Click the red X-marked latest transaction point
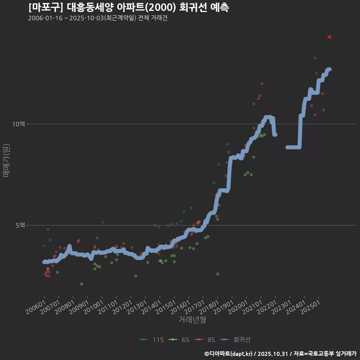[330, 37]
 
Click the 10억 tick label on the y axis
[19, 124]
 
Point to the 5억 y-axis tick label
[20, 225]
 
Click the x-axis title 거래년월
[192, 319]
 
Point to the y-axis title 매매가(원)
[6, 160]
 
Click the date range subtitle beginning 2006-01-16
[97, 18]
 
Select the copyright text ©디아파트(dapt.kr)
[229, 354]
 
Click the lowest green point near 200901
[81, 284]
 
